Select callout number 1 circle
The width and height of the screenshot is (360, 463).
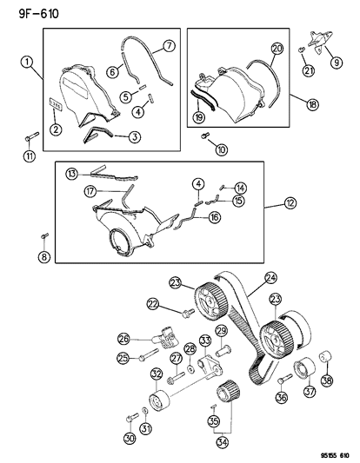click(x=28, y=63)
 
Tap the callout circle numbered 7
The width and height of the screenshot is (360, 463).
click(x=169, y=45)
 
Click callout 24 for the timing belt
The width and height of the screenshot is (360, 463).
click(x=270, y=279)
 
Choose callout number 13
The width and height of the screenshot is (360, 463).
click(x=74, y=172)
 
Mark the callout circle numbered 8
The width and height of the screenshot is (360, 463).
click(x=43, y=255)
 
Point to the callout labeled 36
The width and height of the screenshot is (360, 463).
click(x=281, y=399)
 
